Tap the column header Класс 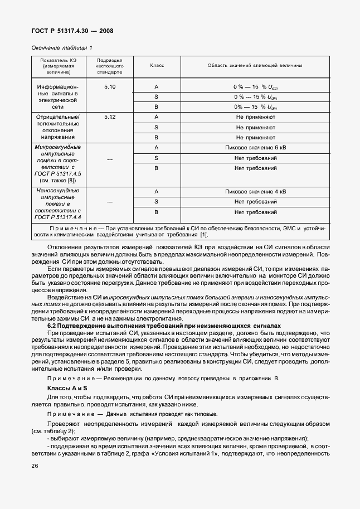point(157,66)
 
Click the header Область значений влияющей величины point(255,66)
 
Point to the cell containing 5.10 point(110,88)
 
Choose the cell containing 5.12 point(110,117)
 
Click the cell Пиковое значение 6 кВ point(255,147)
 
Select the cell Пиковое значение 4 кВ point(255,192)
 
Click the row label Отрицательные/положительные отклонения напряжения point(58,127)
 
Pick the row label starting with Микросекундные point(58,147)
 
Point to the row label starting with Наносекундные point(58,191)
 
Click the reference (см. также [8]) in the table point(58,181)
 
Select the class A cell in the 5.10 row point(157,88)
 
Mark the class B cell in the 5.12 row point(157,137)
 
